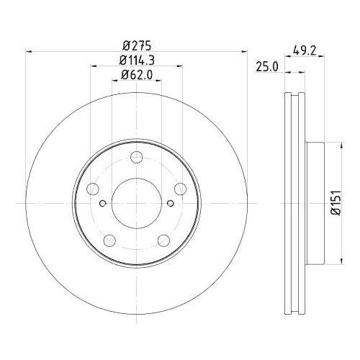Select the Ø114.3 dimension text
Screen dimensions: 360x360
(137, 59)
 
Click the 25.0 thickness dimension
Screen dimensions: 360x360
(267, 66)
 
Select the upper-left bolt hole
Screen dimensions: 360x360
(94, 189)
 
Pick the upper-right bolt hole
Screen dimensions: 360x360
(180, 189)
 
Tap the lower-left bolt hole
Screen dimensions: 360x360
(109, 240)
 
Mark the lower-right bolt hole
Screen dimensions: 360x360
(163, 240)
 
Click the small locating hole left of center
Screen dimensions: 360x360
(104, 203)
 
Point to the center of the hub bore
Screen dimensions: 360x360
(137, 204)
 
